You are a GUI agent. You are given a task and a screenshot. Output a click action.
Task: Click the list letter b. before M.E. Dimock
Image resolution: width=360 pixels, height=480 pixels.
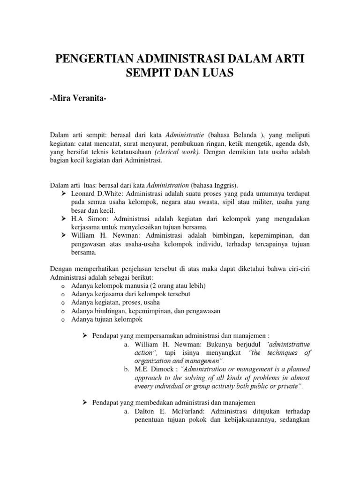127,369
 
